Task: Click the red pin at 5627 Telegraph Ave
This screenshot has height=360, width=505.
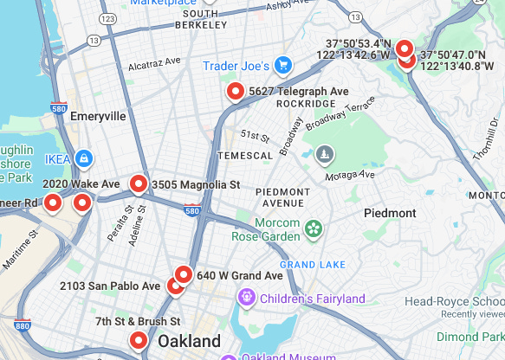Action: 234,91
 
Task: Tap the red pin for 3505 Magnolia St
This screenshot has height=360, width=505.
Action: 138,183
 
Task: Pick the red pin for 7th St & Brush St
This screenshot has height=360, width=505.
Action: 138,340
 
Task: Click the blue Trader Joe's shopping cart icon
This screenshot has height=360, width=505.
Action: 282,66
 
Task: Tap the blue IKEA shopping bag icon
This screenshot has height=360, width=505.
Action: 83,159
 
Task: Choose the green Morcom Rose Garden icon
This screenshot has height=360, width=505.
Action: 313,228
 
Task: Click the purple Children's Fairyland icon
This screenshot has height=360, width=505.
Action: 247,299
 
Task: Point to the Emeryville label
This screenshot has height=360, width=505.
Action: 98,116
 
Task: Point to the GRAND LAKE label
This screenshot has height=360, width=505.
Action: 313,264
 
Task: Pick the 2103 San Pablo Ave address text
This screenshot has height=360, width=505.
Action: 110,286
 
